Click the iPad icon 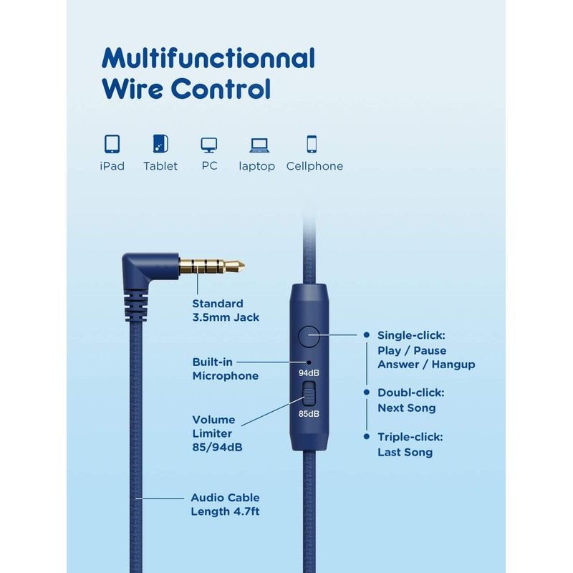coord(112,144)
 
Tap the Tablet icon coord(160,144)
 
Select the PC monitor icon coord(209,145)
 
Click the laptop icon coord(259,145)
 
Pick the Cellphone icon coord(312,144)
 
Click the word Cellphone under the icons coord(314,166)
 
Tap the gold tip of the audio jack coord(236,266)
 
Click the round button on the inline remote coord(309,334)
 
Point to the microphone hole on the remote coord(309,362)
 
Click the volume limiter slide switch coord(309,393)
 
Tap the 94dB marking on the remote coord(309,373)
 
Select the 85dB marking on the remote coord(309,413)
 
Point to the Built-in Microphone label coord(225,369)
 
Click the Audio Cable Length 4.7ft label coord(225,504)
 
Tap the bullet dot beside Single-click coord(367,334)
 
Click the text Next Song coord(406,408)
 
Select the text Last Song coord(405,452)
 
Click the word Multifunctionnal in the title coord(208,57)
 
